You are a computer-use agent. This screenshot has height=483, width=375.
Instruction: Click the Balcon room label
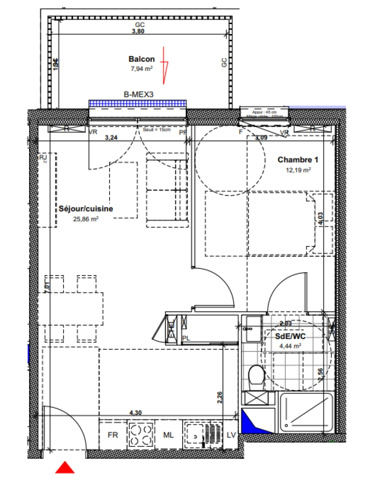click(x=141, y=59)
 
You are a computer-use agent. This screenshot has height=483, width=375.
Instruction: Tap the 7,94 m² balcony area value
click(x=141, y=69)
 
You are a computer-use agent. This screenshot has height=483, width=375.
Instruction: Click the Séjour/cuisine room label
click(x=86, y=209)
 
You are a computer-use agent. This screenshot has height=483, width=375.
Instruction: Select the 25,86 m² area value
click(x=86, y=219)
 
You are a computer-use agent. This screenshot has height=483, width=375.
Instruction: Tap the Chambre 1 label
click(x=294, y=160)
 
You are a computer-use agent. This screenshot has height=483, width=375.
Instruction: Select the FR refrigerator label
click(x=113, y=435)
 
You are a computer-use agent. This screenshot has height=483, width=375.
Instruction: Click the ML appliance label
click(x=168, y=435)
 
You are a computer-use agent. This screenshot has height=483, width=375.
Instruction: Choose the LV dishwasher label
click(x=231, y=435)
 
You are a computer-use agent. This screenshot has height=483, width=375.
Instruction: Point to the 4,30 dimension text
click(x=135, y=413)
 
